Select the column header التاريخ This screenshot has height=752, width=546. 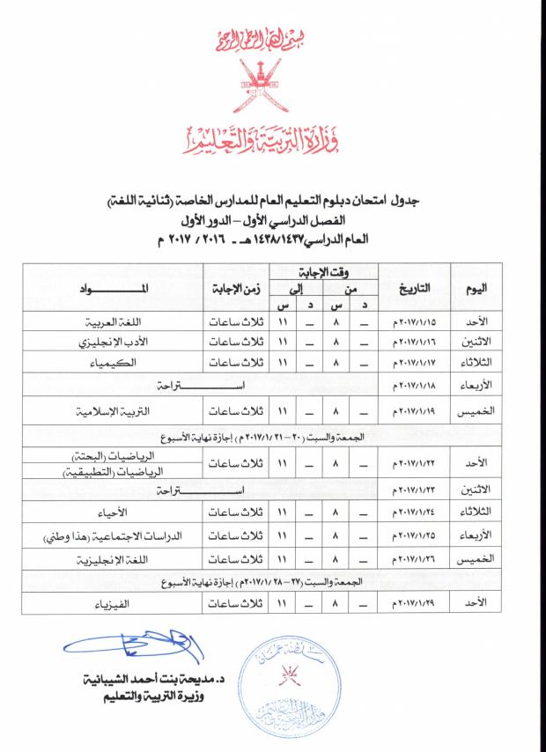pos(413,288)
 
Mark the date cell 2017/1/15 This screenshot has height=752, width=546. pos(415,323)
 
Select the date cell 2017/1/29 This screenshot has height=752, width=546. pos(415,605)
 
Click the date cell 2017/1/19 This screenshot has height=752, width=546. pos(415,410)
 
